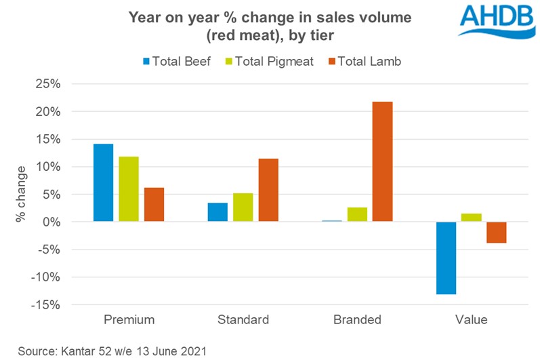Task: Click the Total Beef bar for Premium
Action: click(x=103, y=182)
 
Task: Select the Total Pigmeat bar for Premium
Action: click(x=129, y=189)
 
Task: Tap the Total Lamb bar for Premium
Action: click(x=154, y=204)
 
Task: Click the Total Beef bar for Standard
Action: click(x=217, y=212)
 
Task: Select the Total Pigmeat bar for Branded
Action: click(x=357, y=214)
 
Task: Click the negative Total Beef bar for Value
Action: click(x=446, y=258)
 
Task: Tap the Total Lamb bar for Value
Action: click(x=497, y=232)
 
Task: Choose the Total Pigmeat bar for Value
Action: click(x=472, y=218)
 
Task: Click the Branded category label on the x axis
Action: click(x=356, y=319)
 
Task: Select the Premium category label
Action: click(x=129, y=319)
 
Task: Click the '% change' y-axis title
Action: click(x=22, y=194)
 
